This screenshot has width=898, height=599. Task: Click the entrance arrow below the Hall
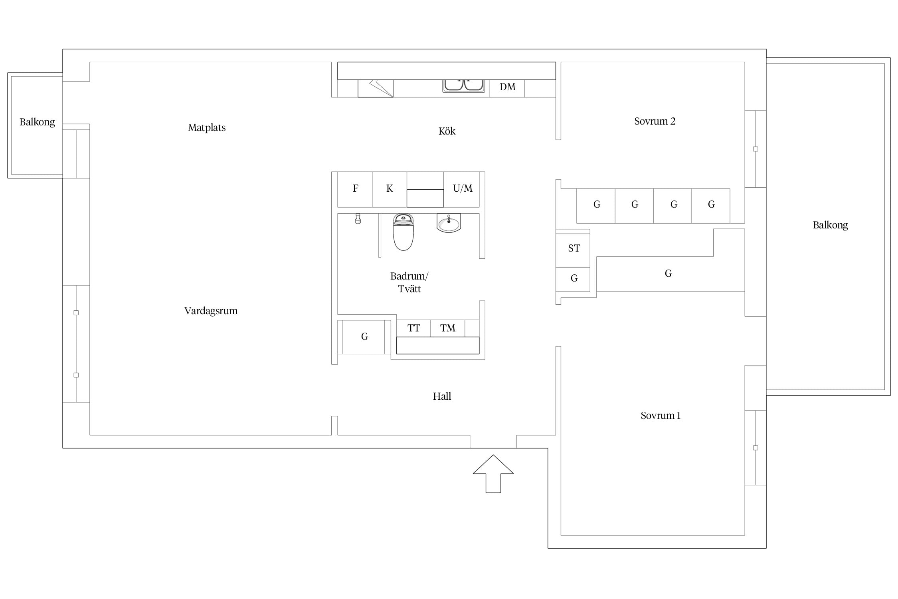493,474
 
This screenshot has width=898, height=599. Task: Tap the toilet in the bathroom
403,232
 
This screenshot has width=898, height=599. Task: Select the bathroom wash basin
449,224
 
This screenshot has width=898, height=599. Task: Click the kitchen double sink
464,85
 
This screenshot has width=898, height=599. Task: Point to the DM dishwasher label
508,87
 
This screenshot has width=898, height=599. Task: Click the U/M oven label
463,188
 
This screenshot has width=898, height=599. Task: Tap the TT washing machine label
414,328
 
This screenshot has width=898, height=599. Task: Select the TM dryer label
448,328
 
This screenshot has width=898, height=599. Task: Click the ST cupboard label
574,248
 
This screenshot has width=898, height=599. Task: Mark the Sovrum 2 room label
655,121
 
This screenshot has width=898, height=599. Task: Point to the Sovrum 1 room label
661,415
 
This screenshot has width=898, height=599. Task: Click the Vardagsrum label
211,311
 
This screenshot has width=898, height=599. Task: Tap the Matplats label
207,128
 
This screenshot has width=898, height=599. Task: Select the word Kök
447,131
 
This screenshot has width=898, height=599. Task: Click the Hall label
442,396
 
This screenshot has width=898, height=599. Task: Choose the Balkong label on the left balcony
37,122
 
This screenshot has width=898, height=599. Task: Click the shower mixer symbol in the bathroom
358,218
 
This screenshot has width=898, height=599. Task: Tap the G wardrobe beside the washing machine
364,337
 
